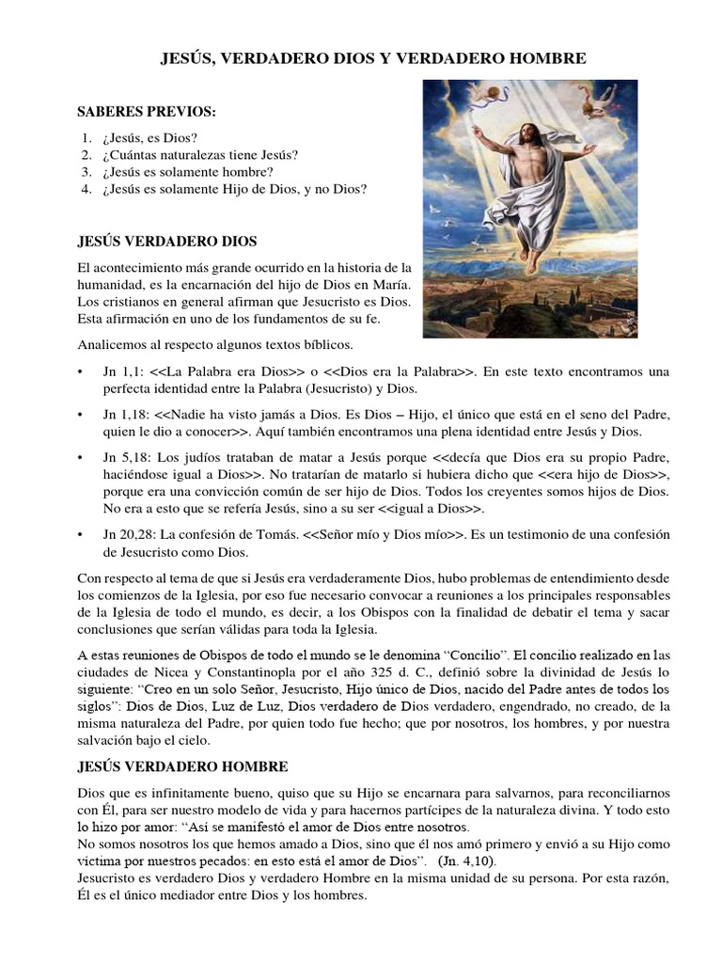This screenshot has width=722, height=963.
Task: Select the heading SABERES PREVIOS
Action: [x=146, y=113]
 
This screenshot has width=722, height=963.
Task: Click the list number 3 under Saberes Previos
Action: [x=86, y=172]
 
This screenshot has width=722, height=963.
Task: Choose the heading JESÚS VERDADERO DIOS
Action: [x=166, y=242]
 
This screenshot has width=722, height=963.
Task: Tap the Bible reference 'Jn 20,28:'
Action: [x=129, y=534]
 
